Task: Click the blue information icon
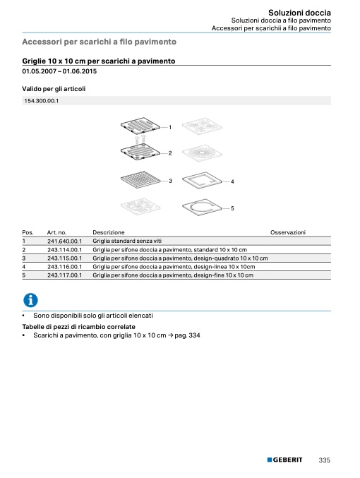tap(30, 300)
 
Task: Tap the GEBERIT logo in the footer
tap(284, 460)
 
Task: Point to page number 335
tap(324, 460)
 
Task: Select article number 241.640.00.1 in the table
tap(65, 241)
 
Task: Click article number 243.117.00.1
tap(65, 275)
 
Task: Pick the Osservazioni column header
tap(288, 232)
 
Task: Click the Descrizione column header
tap(109, 232)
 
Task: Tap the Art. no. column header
tap(56, 232)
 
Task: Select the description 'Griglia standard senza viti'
tap(127, 241)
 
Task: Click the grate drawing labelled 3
tap(140, 179)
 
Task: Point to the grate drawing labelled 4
tap(202, 180)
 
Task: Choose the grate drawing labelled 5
tap(202, 208)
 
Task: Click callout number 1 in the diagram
tap(170, 127)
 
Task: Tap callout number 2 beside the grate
tap(170, 153)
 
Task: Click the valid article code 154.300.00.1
tap(42, 101)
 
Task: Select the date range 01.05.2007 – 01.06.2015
tap(59, 71)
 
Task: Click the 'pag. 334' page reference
tap(187, 335)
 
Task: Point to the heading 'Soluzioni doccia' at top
tap(299, 13)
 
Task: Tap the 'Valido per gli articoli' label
tap(54, 89)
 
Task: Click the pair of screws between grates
tap(140, 139)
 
